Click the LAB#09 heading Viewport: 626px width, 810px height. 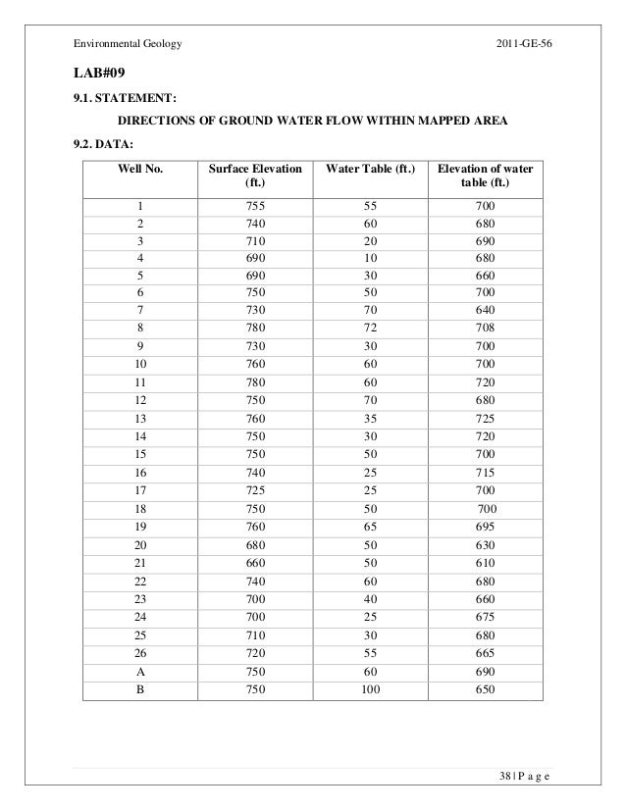tap(98, 74)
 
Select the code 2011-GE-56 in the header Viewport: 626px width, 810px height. tap(525, 45)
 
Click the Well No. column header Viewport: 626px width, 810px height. tap(140, 169)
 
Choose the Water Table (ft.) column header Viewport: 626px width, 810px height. tap(369, 169)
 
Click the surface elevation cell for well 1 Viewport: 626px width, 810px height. tap(255, 206)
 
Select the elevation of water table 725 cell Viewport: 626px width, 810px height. tap(485, 445)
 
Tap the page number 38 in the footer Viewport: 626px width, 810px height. tap(506, 779)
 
